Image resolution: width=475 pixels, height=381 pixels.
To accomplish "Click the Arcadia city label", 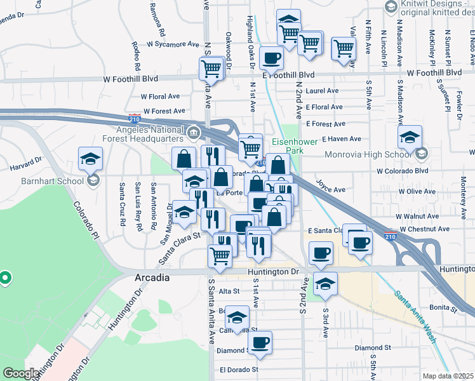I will click(152, 278).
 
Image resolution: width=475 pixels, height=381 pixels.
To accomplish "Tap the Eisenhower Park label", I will click(290, 146).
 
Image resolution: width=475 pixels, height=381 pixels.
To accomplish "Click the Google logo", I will click(21, 373).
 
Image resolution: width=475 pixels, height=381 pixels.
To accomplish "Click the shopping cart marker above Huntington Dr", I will click(220, 257).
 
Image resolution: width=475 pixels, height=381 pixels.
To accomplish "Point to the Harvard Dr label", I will click(25, 168).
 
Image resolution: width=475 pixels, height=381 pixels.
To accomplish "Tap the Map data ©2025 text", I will click(448, 376).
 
